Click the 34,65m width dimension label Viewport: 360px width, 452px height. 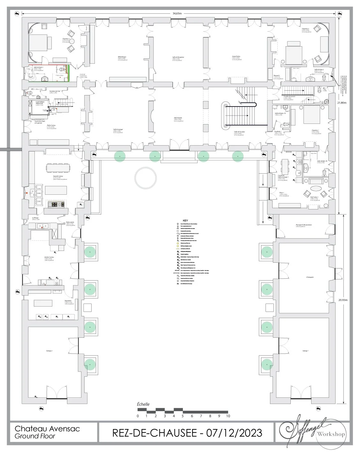coord(177,14)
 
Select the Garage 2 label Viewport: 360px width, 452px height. coord(49,351)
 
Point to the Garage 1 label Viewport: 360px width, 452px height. coord(305,351)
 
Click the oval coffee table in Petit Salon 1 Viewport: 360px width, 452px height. coord(316,188)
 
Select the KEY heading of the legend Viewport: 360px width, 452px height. coord(185,221)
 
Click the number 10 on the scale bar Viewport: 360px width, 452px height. coord(228,416)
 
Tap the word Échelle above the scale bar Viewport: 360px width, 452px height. coord(143,404)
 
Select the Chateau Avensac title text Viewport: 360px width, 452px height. coord(47,428)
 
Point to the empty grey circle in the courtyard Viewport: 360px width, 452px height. coord(146,177)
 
